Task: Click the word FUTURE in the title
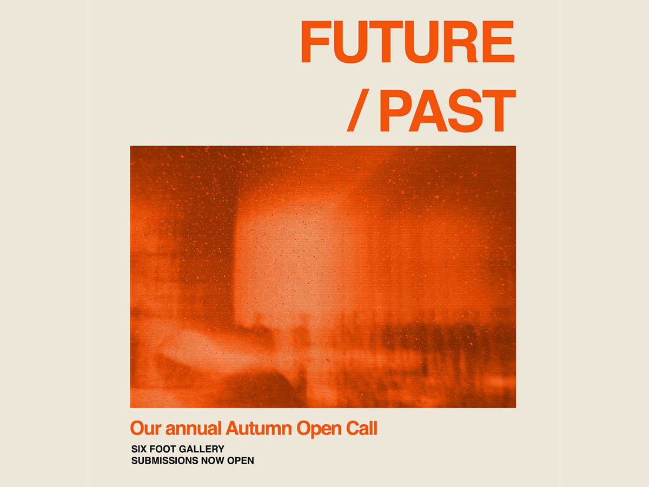click(x=408, y=42)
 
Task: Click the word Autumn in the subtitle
click(x=259, y=428)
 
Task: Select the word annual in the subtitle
click(x=193, y=428)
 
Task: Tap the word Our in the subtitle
click(x=146, y=428)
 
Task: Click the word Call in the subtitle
click(x=362, y=428)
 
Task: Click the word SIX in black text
click(x=139, y=449)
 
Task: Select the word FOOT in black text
click(x=163, y=449)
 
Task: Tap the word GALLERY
click(x=201, y=449)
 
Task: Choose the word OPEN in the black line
click(x=240, y=460)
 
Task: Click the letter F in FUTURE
click(x=315, y=42)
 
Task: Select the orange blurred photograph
click(x=323, y=277)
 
